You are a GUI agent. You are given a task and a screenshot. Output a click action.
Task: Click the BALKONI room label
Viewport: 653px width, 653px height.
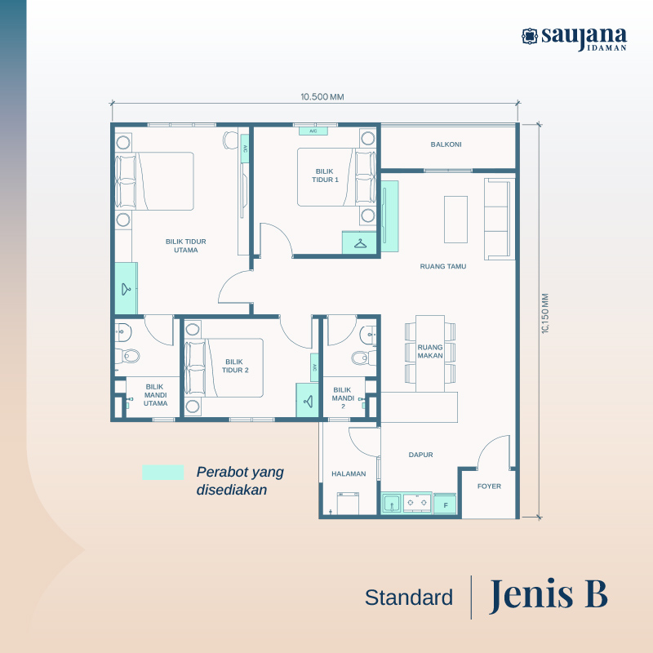446,144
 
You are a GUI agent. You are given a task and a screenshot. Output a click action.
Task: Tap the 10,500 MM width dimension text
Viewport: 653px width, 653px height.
322,97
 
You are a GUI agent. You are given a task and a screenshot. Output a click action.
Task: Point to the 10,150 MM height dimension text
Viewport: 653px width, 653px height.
545,313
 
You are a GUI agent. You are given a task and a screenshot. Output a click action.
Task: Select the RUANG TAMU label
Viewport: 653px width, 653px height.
442,266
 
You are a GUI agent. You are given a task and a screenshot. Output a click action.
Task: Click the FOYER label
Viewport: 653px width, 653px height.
489,486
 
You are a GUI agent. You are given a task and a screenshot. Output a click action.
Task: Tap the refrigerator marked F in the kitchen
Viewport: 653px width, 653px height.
445,504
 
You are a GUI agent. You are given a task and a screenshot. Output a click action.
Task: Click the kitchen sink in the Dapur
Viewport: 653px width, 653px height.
392,504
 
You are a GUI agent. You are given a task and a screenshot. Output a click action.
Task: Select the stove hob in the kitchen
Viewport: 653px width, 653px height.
417,503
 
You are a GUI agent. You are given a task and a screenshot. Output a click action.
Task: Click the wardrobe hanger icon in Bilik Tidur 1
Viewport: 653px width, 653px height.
360,242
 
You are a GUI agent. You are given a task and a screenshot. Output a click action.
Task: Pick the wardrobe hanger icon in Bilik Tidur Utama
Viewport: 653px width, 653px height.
126,289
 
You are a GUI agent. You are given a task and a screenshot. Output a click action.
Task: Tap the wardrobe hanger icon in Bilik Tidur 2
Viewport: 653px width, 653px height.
309,401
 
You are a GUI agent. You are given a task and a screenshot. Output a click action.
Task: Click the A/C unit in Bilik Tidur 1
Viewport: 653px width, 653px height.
313,131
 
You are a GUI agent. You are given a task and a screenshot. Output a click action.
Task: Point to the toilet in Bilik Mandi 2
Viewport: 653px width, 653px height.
361,358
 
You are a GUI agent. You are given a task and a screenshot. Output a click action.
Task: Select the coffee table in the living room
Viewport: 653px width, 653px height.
455,220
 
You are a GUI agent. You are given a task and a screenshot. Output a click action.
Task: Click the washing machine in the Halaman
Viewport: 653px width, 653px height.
348,504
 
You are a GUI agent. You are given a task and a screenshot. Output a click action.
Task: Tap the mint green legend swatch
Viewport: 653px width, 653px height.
162,473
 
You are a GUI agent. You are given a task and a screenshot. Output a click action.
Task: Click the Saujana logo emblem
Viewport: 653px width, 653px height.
529,36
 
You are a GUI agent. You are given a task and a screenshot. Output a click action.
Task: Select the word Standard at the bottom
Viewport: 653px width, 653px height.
409,597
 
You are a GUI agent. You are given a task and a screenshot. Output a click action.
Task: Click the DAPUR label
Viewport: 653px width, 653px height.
420,455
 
